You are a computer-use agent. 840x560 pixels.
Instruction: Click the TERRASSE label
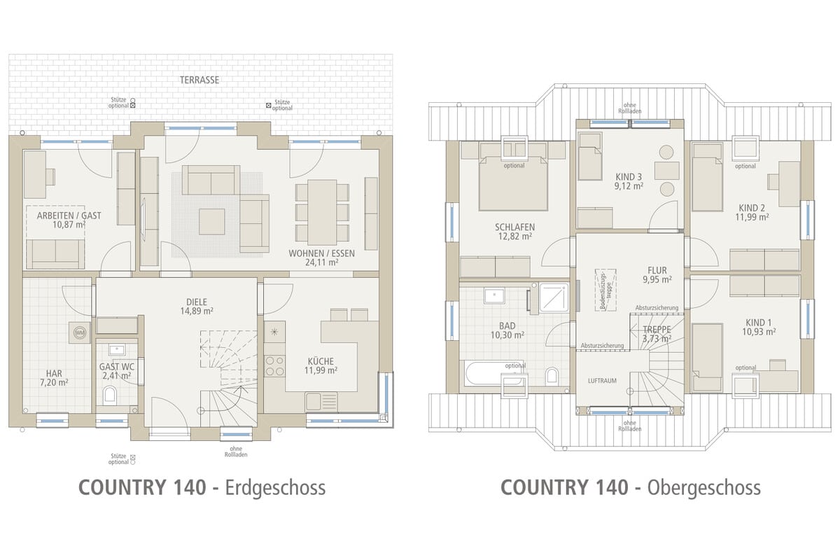pos(199,80)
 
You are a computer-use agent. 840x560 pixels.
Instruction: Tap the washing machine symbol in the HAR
pos(80,332)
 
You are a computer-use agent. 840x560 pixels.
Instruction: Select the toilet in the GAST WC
pos(110,395)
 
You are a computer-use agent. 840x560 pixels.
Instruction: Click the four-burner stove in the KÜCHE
pos(274,365)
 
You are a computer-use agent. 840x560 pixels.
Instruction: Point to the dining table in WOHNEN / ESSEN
pos(322,212)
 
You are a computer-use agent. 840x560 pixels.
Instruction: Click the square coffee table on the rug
pos(212,222)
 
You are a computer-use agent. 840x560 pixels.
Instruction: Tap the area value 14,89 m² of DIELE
pos(197,311)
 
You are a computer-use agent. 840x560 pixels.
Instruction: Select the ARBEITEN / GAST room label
pos(69,216)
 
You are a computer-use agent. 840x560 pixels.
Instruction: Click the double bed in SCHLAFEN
pos(513,183)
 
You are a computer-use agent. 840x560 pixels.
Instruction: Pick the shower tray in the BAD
pos(554,297)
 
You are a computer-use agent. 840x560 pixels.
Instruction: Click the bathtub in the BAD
pos(493,372)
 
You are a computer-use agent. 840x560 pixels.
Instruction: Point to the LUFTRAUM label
pos(602,381)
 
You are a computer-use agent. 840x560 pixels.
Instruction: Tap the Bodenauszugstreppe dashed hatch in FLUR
pos(605,290)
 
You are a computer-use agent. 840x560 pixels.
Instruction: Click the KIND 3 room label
pos(629,176)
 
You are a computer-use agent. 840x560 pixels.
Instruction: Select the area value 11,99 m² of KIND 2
pos(752,217)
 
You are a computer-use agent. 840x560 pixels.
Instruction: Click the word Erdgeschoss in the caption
pos(275,488)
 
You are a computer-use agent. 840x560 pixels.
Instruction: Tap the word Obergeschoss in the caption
pos(704,488)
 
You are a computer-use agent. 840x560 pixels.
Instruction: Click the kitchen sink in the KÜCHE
pos(321,401)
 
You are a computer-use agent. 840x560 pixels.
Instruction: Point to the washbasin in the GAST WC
pos(117,349)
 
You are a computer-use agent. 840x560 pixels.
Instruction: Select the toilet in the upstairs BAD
pos(552,375)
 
